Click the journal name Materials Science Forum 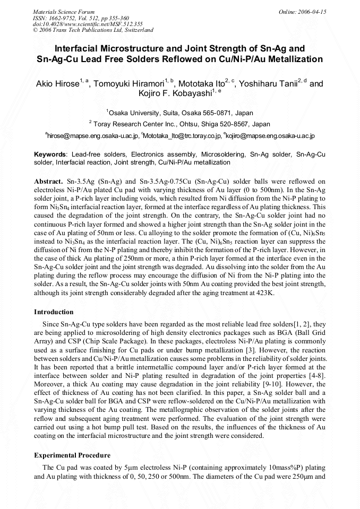pos(64,12)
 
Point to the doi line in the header pos(88,24)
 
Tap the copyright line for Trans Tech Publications pos(93,30)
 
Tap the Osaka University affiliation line pos(179,113)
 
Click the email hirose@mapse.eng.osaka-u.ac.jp pos(93,136)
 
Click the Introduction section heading pos(54,312)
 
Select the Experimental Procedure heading pos(72,455)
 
